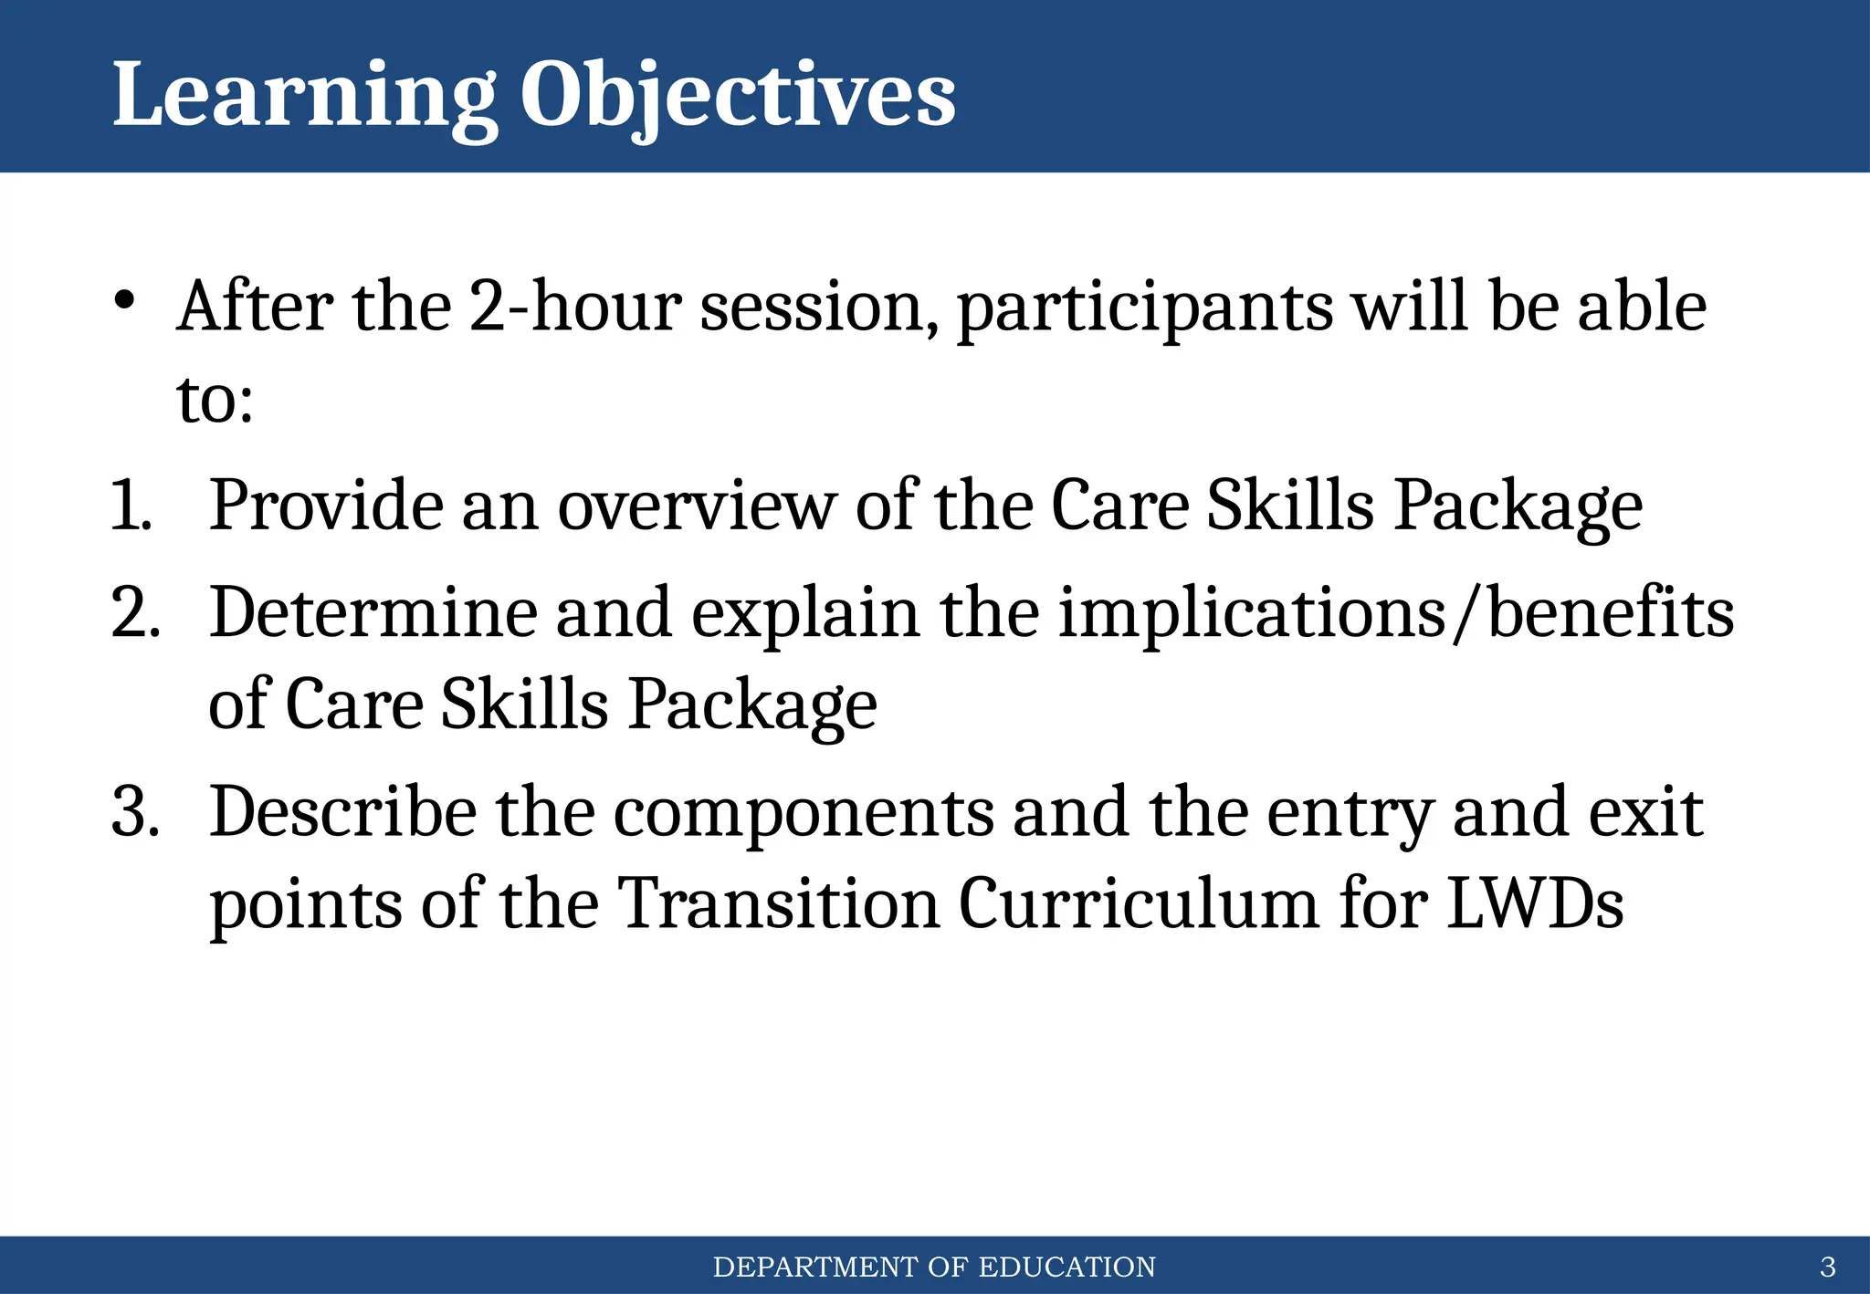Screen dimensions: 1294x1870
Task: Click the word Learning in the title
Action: pyautogui.click(x=304, y=96)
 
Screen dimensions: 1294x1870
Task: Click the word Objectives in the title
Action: pyautogui.click(x=738, y=96)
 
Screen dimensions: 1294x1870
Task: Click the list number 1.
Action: pyautogui.click(x=131, y=506)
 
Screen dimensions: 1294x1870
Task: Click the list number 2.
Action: pyautogui.click(x=135, y=613)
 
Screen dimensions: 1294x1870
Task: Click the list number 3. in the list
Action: pyautogui.click(x=135, y=812)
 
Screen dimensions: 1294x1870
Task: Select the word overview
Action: pyautogui.click(x=696, y=506)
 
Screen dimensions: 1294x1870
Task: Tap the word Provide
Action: pyautogui.click(x=325, y=506)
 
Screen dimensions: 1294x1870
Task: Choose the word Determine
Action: pyautogui.click(x=373, y=613)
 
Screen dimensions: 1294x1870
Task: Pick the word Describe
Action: pyautogui.click(x=342, y=812)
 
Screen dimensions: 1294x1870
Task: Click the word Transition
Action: pyautogui.click(x=778, y=904)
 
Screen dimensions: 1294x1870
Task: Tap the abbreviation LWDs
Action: pyautogui.click(x=1534, y=904)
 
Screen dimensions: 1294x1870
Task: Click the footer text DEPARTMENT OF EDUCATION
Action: pyautogui.click(x=934, y=1268)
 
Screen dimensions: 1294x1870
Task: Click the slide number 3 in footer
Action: pyautogui.click(x=1827, y=1268)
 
